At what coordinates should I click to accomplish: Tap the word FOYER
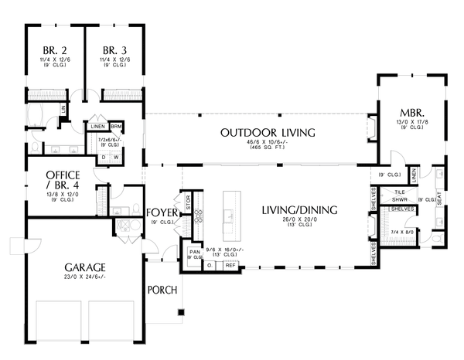click(x=163, y=211)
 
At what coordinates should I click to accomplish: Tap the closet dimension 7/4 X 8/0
click(x=404, y=231)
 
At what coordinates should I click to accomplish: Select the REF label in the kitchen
click(x=230, y=265)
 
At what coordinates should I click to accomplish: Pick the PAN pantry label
click(x=196, y=251)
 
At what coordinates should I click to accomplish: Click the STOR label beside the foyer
click(x=187, y=207)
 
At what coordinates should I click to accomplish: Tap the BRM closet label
click(x=116, y=126)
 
